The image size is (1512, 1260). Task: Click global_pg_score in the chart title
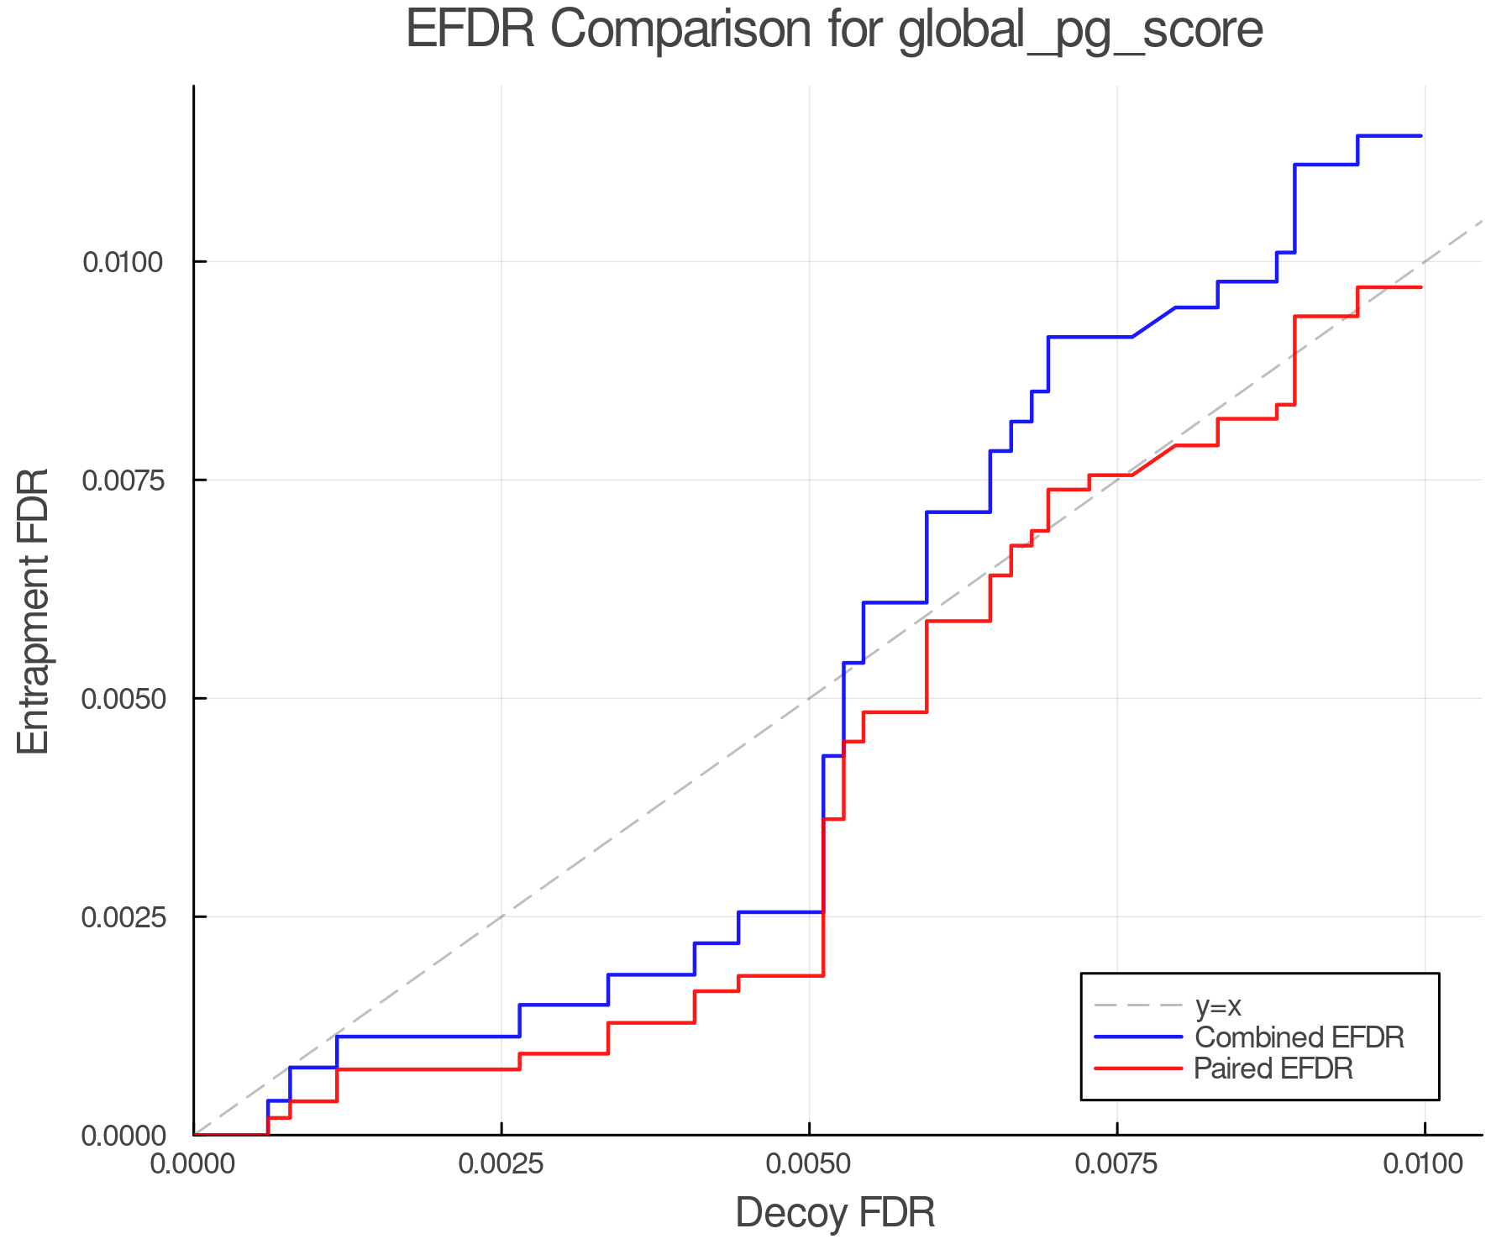[x=1080, y=31]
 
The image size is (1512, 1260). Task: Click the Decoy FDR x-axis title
[x=835, y=1213]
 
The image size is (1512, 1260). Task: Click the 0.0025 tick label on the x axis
[x=501, y=1164]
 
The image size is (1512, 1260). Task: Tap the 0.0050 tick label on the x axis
[x=809, y=1164]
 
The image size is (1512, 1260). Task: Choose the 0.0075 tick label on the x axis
[x=1117, y=1164]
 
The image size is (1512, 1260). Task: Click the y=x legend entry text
[x=1218, y=1005]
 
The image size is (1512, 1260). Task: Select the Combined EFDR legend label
[x=1299, y=1037]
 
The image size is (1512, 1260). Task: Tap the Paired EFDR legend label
[x=1273, y=1068]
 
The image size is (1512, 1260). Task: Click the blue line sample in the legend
[x=1138, y=1037]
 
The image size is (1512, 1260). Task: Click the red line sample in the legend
[x=1138, y=1068]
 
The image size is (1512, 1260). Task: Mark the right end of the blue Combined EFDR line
[x=1421, y=135]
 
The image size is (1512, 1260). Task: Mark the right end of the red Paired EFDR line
[x=1421, y=287]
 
